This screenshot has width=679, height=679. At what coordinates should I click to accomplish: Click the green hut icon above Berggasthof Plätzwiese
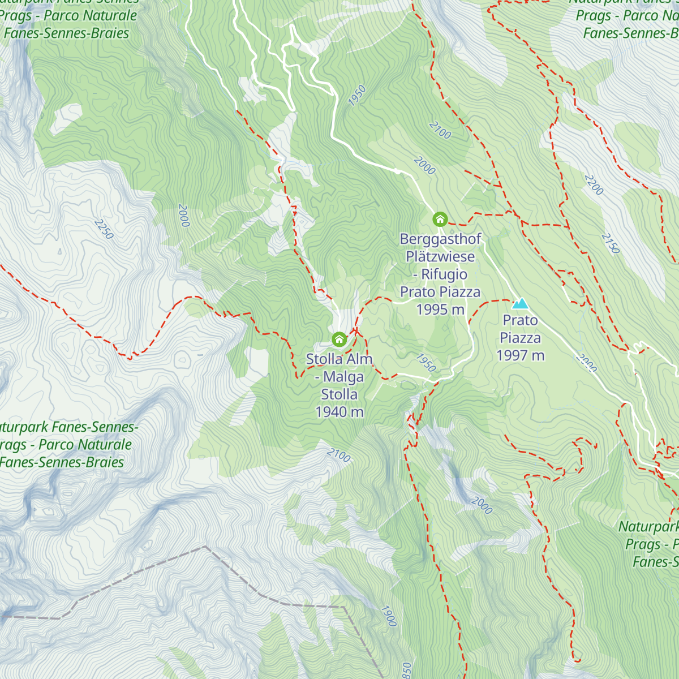(x=440, y=219)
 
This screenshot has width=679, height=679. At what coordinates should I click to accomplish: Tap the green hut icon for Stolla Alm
(x=339, y=339)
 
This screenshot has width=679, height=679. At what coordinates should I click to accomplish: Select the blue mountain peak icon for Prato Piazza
(x=520, y=304)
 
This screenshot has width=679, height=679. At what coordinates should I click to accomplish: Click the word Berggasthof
(x=440, y=239)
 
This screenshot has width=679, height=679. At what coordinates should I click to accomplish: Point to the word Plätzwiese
(x=440, y=256)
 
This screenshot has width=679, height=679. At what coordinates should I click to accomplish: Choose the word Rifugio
(x=444, y=274)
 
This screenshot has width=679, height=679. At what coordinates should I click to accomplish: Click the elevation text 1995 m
(x=440, y=310)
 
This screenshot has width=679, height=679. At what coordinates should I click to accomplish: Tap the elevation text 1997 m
(x=520, y=355)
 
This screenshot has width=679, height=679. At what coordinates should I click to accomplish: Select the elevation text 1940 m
(x=339, y=412)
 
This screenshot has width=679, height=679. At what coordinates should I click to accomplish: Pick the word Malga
(x=343, y=377)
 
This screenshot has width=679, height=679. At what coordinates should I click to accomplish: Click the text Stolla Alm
(x=339, y=359)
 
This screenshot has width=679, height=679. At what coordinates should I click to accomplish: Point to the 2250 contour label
(x=104, y=229)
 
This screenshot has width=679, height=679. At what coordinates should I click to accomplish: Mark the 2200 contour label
(x=594, y=185)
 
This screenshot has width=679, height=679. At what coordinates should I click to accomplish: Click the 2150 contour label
(x=611, y=243)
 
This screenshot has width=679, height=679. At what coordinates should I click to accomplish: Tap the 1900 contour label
(x=388, y=616)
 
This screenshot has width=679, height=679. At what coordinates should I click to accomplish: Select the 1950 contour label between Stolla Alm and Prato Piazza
(x=426, y=363)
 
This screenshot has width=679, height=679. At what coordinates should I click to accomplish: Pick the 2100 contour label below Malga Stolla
(x=338, y=455)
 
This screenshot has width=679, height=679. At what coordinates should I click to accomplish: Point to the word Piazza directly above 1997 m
(x=520, y=338)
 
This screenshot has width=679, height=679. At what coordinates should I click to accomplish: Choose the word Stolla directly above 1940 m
(x=339, y=394)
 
